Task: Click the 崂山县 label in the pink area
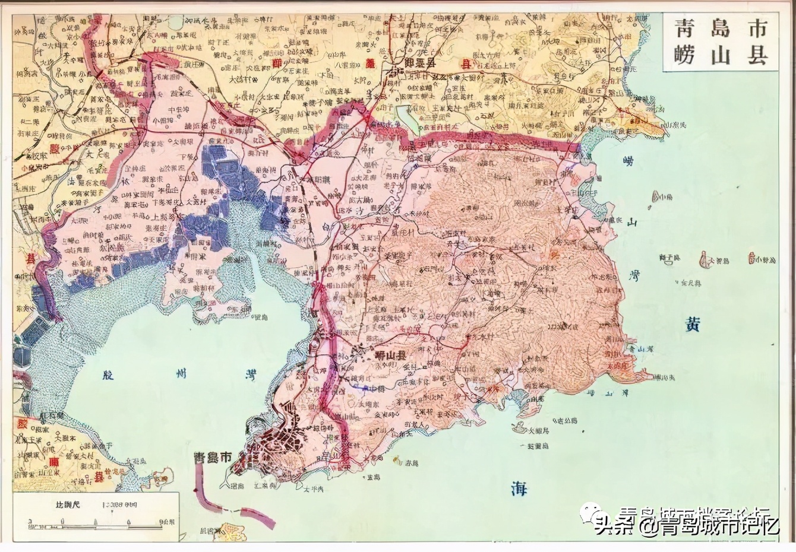[391, 356]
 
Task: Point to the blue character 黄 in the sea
[692, 324]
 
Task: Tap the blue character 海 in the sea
[519, 488]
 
